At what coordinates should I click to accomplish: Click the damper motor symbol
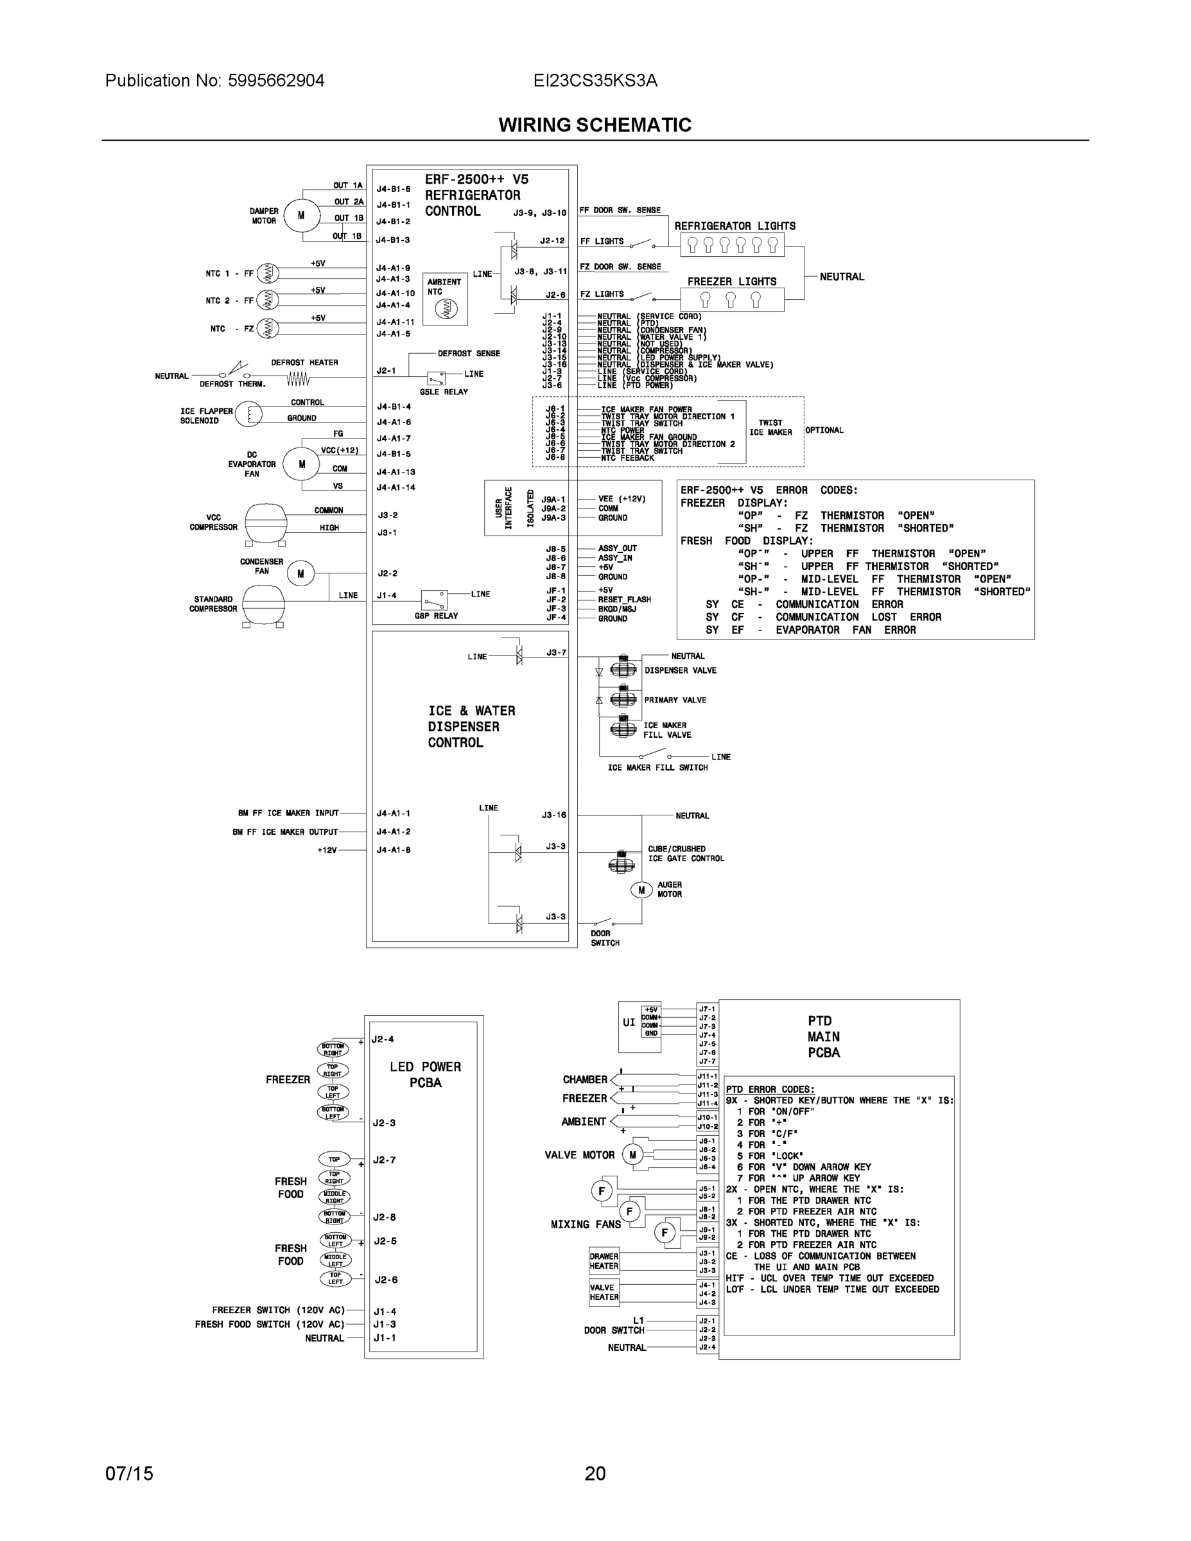301,215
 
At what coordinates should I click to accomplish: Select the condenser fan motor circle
300,573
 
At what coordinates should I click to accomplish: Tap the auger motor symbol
641,890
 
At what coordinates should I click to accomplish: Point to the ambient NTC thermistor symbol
445,308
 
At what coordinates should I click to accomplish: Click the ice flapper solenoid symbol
248,414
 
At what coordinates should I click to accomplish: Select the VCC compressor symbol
265,523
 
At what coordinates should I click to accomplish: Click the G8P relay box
434,600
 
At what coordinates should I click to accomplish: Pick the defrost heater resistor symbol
298,379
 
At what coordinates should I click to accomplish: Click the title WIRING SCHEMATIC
595,125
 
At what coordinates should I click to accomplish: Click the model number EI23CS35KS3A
595,80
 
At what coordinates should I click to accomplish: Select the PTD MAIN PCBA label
823,1036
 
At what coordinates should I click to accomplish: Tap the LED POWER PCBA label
425,1075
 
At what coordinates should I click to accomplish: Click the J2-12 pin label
552,241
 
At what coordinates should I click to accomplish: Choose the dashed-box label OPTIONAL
824,430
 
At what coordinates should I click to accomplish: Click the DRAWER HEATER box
604,1261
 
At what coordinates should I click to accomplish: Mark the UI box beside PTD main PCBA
629,1022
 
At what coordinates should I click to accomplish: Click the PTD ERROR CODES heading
770,1090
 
